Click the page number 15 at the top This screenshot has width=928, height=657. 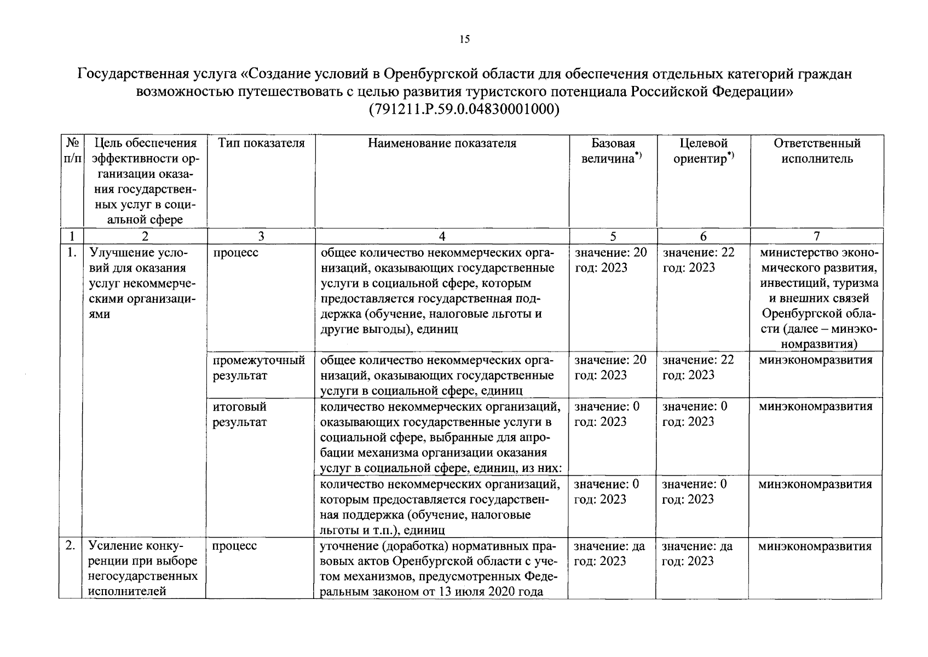(x=464, y=39)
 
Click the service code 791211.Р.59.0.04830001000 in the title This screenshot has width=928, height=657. (x=464, y=109)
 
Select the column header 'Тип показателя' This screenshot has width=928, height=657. (x=261, y=143)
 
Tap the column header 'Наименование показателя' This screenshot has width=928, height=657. (x=442, y=143)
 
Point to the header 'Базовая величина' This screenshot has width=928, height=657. (x=613, y=151)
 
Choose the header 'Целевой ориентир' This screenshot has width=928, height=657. (x=703, y=151)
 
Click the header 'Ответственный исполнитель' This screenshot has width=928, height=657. (x=816, y=151)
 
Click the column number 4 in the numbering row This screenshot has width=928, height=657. (x=442, y=236)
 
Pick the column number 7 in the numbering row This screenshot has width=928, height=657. (x=816, y=236)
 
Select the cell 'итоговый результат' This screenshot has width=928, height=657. (x=240, y=414)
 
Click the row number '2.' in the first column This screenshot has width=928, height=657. (x=70, y=546)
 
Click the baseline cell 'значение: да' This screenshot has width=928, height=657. (x=609, y=546)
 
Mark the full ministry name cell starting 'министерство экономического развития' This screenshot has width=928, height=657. (x=818, y=298)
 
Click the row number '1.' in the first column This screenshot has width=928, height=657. (x=70, y=253)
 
